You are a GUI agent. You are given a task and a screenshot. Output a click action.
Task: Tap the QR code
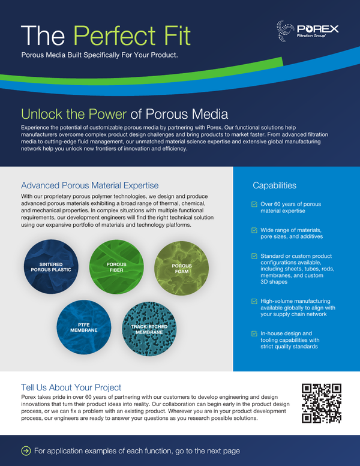point(322,402)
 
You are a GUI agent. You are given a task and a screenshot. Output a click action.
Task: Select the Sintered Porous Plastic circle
point(51,266)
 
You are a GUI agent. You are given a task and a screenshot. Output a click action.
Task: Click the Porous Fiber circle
point(116,266)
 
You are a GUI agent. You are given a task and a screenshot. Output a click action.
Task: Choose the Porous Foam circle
point(182,266)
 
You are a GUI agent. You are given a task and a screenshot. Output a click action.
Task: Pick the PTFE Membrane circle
point(83,326)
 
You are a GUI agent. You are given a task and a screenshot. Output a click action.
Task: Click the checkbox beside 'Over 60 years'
point(254,205)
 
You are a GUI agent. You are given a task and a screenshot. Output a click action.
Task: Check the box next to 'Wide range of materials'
point(254,230)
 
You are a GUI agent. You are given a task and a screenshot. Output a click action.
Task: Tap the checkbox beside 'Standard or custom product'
point(254,257)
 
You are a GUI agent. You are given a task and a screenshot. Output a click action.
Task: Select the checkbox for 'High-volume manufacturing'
point(254,301)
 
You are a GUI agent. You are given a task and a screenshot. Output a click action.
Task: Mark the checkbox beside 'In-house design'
point(254,333)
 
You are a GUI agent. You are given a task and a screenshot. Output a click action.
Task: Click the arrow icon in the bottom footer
point(26,450)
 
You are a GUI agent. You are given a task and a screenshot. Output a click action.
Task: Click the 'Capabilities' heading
point(274,186)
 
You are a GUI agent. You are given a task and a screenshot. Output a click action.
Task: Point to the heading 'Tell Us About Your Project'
point(71,387)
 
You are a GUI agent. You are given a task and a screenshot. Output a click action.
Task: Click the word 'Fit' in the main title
point(176,36)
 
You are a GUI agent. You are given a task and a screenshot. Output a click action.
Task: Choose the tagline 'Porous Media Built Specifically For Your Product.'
point(99,55)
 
